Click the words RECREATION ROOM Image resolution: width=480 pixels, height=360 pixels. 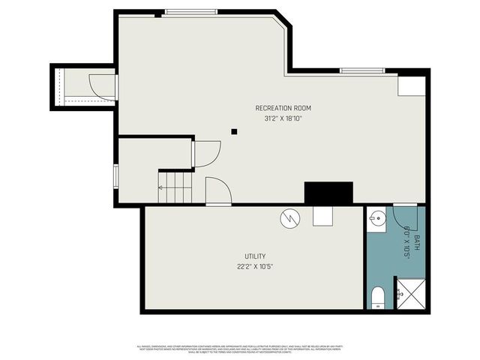283,108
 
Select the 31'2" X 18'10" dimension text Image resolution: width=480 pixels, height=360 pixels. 283,118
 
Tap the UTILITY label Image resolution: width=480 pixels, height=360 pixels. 254,256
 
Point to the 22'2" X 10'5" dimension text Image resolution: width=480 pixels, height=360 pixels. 254,266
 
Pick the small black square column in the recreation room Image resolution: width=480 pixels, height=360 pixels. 234,131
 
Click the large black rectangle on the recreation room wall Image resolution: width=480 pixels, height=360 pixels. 328,193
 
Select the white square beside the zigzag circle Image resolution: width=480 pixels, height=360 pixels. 323,215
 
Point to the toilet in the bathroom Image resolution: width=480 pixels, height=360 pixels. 378,297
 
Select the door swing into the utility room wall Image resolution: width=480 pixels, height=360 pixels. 217,190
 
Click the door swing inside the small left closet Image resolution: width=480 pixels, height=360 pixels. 102,85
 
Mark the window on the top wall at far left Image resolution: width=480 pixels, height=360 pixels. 191,11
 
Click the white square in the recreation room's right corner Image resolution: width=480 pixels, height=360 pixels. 411,85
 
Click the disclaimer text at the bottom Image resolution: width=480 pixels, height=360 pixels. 239,348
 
